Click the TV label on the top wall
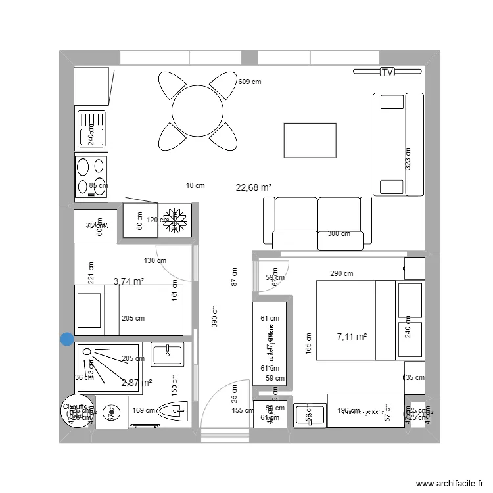point(387,72)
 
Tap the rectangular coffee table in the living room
point(310,140)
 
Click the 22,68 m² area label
point(254,187)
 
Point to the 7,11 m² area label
point(352,337)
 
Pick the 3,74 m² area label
point(129,281)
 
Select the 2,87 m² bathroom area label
point(137,382)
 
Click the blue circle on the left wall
point(67,339)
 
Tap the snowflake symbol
point(175,220)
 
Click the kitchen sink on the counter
point(91,129)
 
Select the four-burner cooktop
point(91,176)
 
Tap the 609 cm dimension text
point(249,82)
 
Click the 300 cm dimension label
point(339,233)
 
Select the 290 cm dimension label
point(342,273)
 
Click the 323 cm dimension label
point(408,158)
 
